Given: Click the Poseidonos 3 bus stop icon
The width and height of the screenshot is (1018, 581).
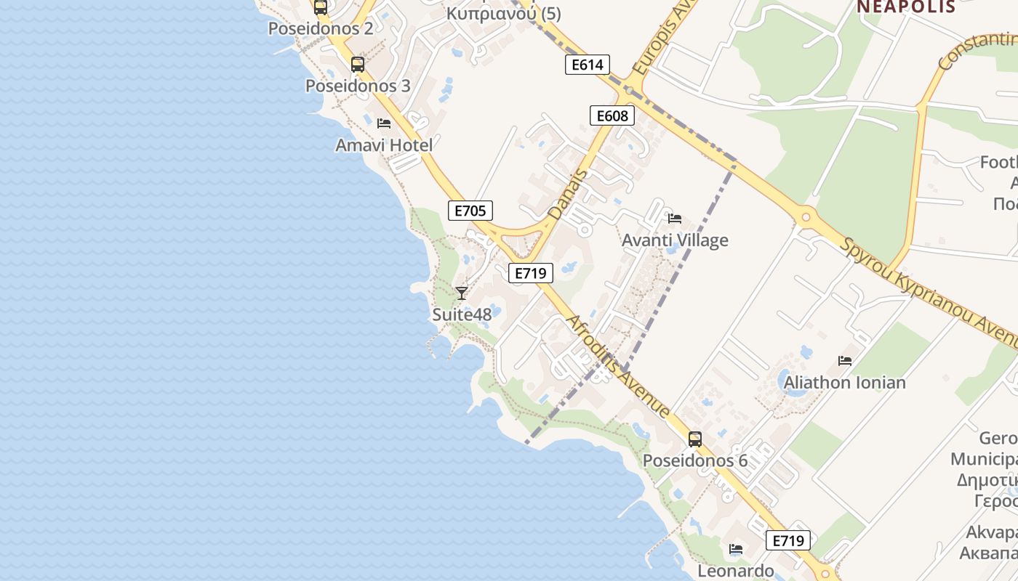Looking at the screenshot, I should tap(357, 64).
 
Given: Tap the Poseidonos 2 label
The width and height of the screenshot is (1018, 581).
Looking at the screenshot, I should tap(321, 29).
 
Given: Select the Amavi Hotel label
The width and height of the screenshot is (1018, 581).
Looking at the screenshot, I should tap(384, 145).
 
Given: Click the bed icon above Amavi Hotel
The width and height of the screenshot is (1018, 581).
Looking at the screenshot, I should tap(384, 123).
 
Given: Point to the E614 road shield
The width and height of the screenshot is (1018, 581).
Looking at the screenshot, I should tap(587, 65).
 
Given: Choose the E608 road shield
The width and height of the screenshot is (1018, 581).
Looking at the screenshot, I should tap(612, 115).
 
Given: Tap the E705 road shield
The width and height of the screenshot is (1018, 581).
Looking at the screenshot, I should tap(470, 211).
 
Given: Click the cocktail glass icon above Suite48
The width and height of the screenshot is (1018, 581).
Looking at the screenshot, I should tap(461, 293).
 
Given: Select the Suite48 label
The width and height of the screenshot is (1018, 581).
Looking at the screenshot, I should tap(462, 314).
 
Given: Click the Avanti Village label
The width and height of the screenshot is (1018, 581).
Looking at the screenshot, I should tap(675, 240).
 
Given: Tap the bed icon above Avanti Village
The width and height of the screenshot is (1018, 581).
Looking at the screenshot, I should tap(674, 218).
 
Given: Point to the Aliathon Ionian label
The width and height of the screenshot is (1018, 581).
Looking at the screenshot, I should tap(845, 383).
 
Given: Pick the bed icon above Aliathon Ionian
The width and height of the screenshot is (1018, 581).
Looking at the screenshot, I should tap(844, 360).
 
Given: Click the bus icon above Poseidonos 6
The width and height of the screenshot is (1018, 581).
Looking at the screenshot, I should tap(694, 439).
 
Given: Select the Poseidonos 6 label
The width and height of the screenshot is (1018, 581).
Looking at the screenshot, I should tap(694, 461).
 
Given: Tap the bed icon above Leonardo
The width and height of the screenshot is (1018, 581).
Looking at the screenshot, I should tap(736, 549).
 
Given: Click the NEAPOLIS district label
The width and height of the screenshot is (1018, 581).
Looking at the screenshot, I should tap(905, 7).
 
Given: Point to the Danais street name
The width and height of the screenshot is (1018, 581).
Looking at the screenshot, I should tap(566, 195).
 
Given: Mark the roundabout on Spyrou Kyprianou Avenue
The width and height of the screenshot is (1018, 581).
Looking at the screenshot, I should tap(806, 216).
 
